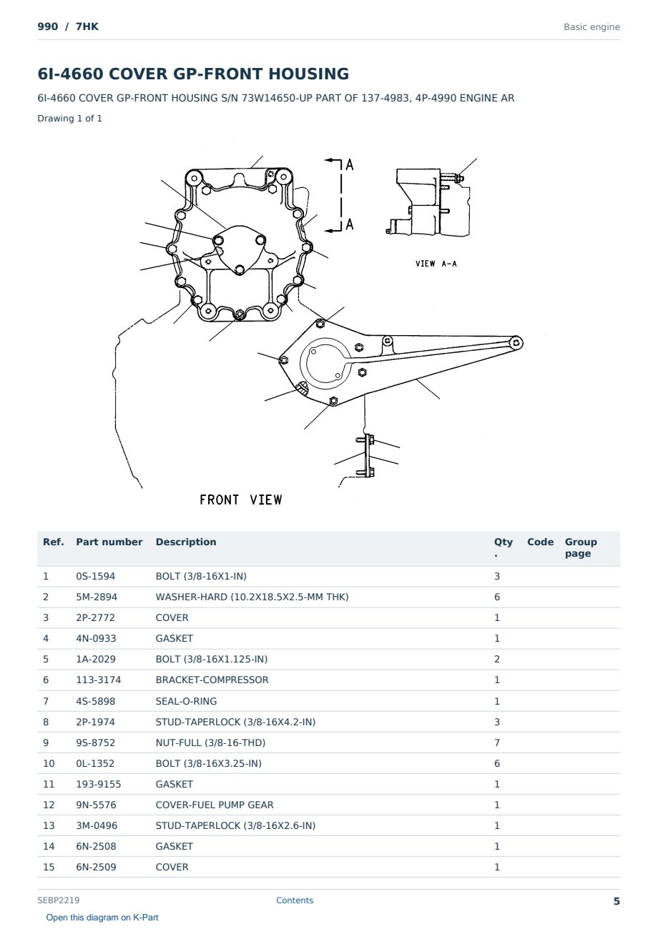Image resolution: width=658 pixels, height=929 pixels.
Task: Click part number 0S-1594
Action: pos(95,576)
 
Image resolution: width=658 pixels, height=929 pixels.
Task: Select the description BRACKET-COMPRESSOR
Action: pos(212,680)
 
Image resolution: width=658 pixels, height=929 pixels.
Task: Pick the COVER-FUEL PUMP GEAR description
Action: pos(215,805)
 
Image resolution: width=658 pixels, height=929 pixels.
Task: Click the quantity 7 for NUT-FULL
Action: pos(497,742)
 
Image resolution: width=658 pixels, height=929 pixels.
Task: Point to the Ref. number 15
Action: pos(49,867)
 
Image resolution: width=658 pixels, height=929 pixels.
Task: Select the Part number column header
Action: pos(109,542)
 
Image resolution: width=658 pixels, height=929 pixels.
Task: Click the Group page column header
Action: pos(581,547)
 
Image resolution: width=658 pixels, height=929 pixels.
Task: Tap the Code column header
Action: pos(540,542)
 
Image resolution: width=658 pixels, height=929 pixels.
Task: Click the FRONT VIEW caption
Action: pos(241,500)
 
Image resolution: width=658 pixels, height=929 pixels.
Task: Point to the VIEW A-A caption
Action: pos(436,264)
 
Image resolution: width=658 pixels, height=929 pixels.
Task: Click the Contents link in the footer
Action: pos(295,900)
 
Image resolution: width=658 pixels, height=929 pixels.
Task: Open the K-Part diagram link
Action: pos(102,918)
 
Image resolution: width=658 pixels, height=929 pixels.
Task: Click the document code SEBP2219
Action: pos(58,900)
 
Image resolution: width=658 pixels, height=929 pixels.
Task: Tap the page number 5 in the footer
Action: pos(617,901)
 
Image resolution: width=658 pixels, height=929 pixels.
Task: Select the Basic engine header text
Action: pos(591,27)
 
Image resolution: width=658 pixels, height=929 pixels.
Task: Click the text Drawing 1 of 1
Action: pos(70,118)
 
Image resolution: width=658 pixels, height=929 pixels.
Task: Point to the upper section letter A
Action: pos(350,165)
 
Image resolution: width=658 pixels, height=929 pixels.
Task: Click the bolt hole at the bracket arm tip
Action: pos(516,342)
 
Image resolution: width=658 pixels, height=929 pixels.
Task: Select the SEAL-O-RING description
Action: pos(186,701)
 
